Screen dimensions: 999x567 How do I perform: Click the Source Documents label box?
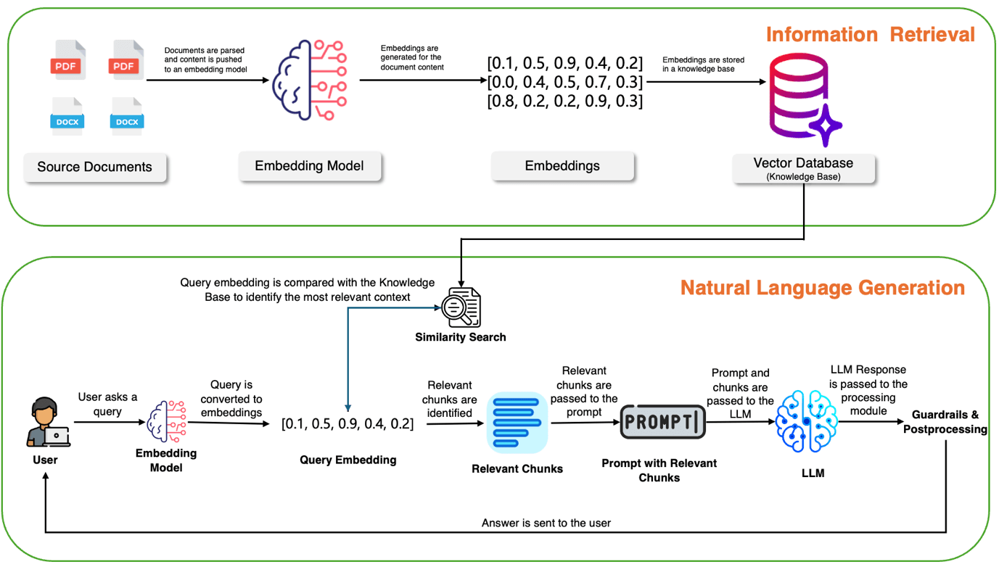pos(95,167)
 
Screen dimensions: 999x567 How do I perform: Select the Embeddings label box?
pos(562,166)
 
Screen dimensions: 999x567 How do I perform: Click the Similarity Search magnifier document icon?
pos(461,307)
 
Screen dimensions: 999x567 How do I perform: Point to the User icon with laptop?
pos(48,422)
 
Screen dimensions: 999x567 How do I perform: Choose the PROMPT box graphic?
pos(662,422)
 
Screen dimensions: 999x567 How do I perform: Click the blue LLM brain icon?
pos(806,421)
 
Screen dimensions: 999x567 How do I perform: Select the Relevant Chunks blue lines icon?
pos(517,423)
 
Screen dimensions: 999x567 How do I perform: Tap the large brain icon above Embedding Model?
pos(310,80)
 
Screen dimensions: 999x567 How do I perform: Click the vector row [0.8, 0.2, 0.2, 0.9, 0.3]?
pos(564,102)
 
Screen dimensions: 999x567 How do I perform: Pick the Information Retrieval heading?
pos(870,34)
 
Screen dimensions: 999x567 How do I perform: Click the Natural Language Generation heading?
pos(823,288)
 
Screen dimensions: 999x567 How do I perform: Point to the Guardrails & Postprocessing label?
pos(945,422)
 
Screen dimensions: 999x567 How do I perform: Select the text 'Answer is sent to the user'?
pos(546,523)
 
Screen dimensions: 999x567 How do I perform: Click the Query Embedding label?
pos(348,460)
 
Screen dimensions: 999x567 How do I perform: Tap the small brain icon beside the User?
pos(166,421)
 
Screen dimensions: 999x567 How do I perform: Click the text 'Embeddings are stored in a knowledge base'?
pos(703,65)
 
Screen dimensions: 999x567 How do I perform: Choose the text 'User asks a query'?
pos(107,404)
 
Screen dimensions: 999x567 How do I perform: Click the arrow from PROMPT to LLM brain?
pos(741,422)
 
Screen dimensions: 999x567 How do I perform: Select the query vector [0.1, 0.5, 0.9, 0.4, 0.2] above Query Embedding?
pos(348,423)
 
